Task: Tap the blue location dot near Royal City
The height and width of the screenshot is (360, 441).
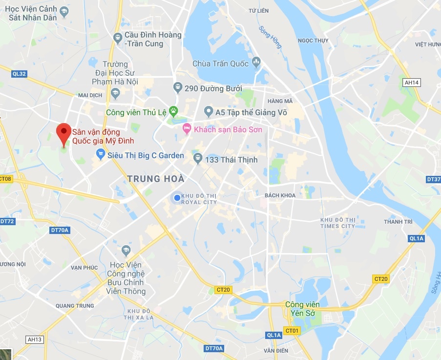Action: coord(177,197)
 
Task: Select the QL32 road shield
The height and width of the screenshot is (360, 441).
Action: coord(20,74)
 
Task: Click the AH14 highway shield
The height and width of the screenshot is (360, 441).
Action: coord(412,83)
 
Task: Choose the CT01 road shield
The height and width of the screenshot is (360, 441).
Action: coord(292,331)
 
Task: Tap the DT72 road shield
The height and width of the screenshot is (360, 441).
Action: coord(7,221)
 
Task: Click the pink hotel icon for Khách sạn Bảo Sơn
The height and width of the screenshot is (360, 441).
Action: coord(186,129)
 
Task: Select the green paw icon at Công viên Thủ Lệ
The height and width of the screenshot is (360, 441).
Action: coord(173,112)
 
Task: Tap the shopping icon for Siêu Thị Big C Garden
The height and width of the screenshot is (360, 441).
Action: coord(101,155)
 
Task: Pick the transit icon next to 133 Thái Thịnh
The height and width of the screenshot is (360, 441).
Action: coord(198,159)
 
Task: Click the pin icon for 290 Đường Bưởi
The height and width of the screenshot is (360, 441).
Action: coord(178,88)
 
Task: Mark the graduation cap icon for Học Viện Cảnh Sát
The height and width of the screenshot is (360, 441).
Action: coord(64,10)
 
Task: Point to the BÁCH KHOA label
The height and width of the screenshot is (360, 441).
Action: coord(280,195)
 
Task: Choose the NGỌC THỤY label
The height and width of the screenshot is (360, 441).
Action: coord(313,41)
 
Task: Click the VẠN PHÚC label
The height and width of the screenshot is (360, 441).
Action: coord(84,267)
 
